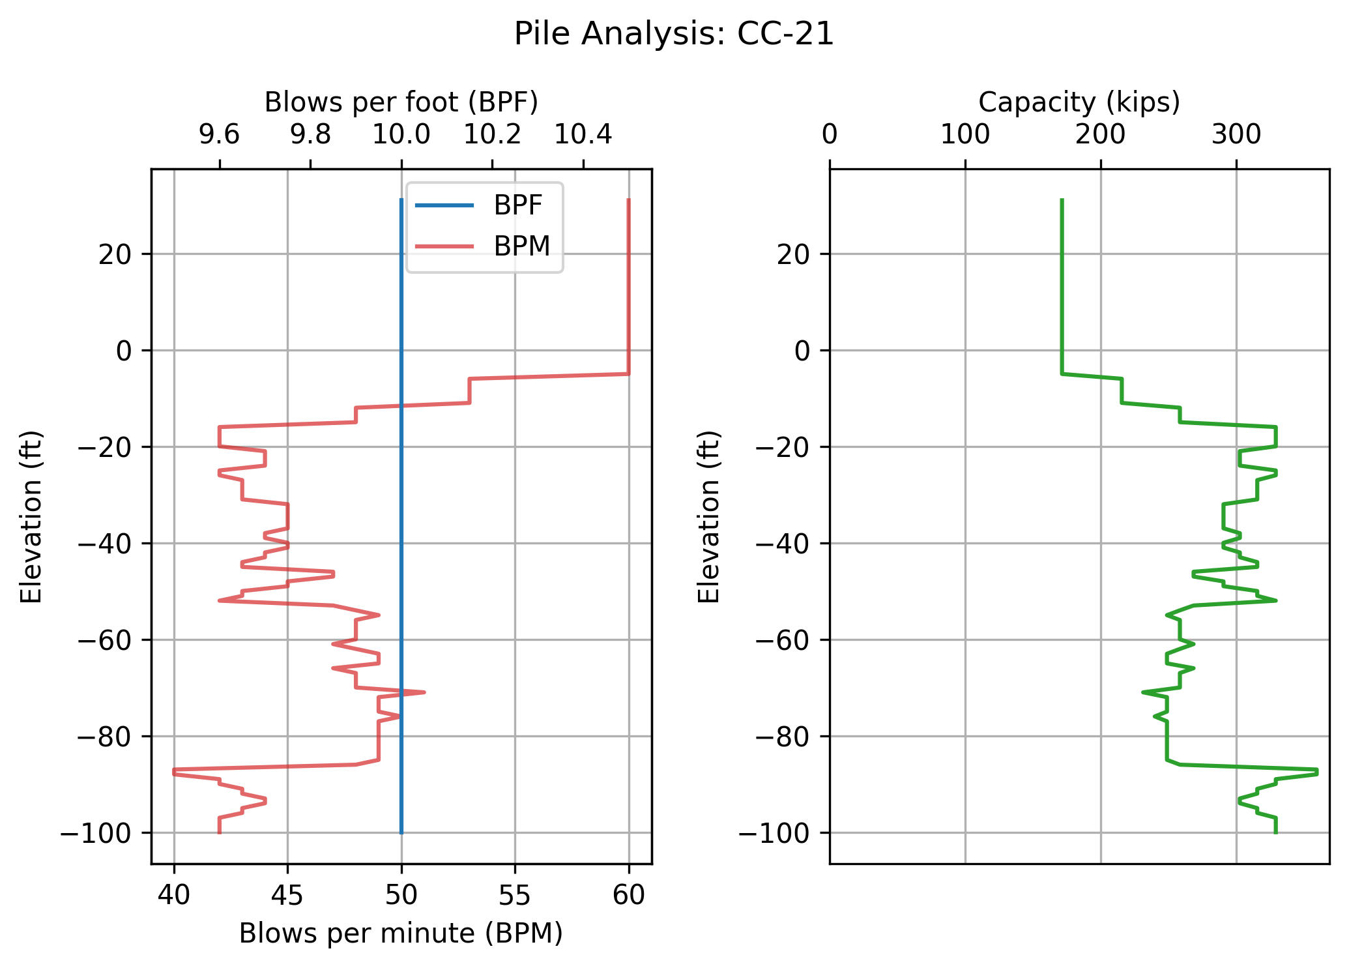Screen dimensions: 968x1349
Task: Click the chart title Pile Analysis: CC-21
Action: pyautogui.click(x=674, y=34)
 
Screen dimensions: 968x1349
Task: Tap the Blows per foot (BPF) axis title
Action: pyautogui.click(x=401, y=102)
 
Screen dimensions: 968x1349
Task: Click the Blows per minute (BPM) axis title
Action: pyautogui.click(x=401, y=933)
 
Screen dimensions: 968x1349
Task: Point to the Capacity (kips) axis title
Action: pyautogui.click(x=1079, y=102)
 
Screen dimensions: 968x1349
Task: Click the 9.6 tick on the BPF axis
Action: pyautogui.click(x=220, y=135)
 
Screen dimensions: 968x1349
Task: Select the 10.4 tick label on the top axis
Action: pyautogui.click(x=583, y=135)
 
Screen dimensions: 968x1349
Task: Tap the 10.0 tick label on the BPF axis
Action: pyautogui.click(x=401, y=135)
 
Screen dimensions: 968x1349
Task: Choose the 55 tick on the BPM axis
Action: pyautogui.click(x=515, y=895)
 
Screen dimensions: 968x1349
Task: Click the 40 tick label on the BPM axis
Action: pyautogui.click(x=174, y=895)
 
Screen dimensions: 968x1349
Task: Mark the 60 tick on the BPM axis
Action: pyautogui.click(x=629, y=895)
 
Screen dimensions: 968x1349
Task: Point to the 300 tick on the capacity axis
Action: pyautogui.click(x=1236, y=135)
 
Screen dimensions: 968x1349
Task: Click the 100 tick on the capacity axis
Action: pyautogui.click(x=965, y=135)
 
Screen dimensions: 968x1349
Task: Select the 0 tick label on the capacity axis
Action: pyautogui.click(x=830, y=135)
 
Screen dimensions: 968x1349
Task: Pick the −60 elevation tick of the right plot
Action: pyautogui.click(x=779, y=640)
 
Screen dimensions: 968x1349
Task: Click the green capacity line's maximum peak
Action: pyautogui.click(x=1317, y=772)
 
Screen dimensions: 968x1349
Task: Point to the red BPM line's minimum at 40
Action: pyautogui.click(x=174, y=772)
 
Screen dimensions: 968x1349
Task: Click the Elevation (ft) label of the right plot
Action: pyautogui.click(x=709, y=516)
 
